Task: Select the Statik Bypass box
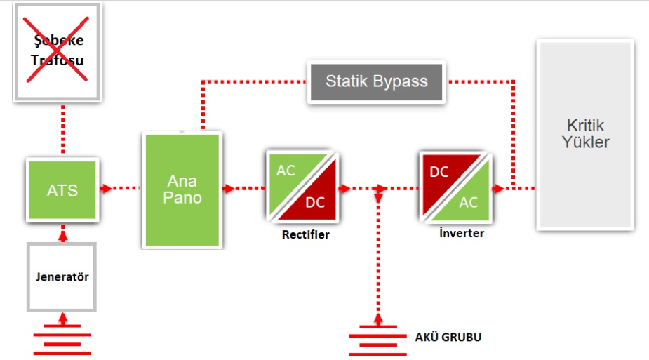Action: point(376,81)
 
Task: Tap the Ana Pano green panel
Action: point(182,189)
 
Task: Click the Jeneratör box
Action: point(62,276)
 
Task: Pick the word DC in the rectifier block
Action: point(316,202)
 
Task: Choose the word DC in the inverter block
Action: point(439,171)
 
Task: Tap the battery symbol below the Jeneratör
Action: point(62,338)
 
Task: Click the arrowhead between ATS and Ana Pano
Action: point(107,188)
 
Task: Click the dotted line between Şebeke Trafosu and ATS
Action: point(62,130)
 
